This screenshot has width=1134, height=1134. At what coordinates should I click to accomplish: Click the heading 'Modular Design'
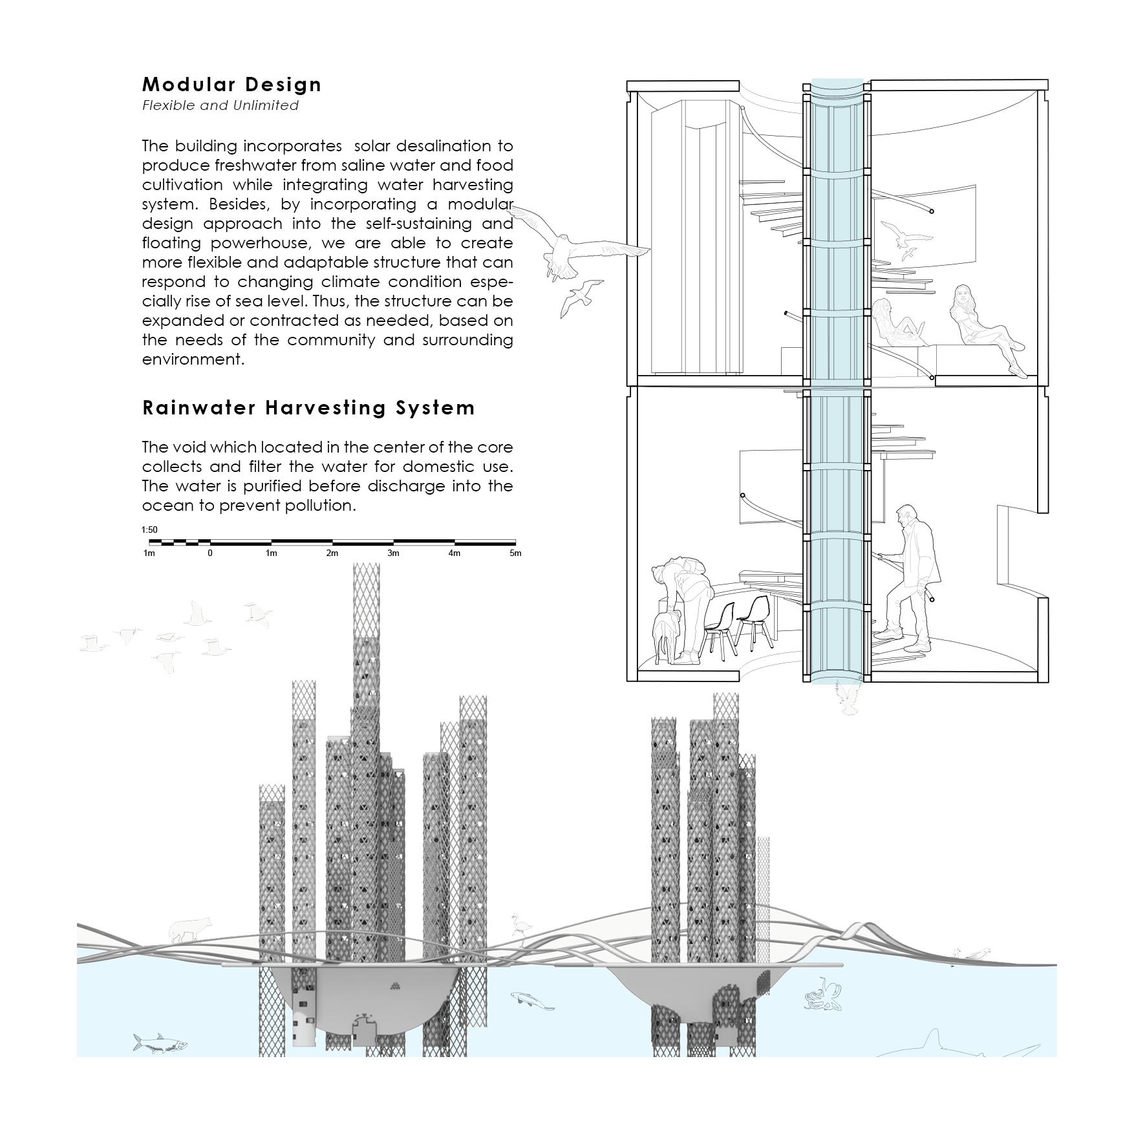tap(231, 85)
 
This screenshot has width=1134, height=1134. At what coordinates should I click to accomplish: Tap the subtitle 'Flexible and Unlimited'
tap(220, 105)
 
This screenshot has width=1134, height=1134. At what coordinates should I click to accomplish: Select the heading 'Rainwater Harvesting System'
tap(308, 408)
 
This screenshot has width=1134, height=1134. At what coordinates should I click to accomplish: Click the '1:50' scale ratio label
tap(149, 530)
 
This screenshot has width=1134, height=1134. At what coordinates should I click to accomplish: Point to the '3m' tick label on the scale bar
tap(393, 553)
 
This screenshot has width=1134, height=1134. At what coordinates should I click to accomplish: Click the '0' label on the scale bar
tap(210, 553)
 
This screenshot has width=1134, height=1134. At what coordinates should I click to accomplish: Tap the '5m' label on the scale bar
tap(515, 553)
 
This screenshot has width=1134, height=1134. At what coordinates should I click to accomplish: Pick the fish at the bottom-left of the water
tap(160, 1042)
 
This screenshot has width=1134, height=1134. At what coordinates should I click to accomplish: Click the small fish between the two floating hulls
tap(531, 1000)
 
